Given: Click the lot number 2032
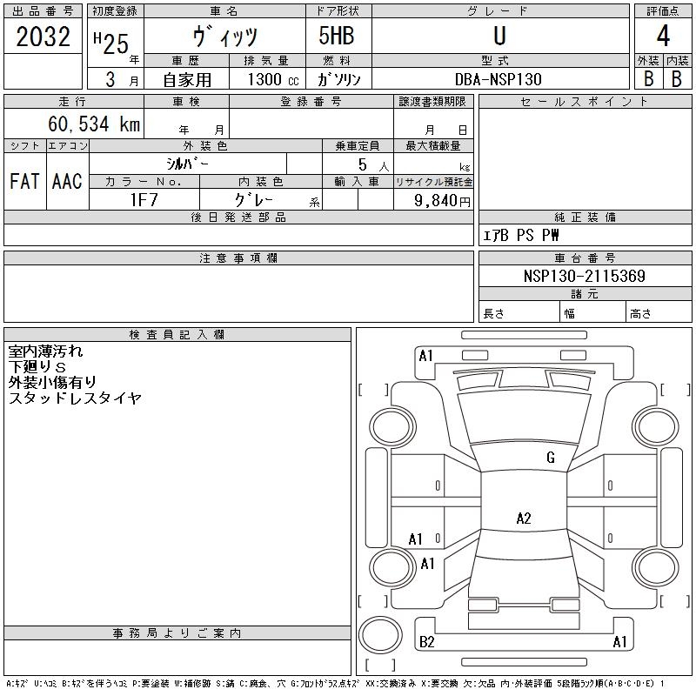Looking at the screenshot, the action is click(43, 37).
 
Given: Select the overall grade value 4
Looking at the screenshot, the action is click(663, 36).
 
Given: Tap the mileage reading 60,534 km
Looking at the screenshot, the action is click(94, 124).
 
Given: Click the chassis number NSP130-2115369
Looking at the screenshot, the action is click(585, 276).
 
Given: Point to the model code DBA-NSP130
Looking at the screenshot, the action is click(499, 79).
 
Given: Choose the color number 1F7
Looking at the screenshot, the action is click(144, 200).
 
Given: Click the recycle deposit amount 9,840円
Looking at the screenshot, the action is click(442, 201).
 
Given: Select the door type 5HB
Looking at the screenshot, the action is click(337, 36).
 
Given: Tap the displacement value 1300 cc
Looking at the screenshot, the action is click(273, 79).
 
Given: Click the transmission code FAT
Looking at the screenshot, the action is click(24, 181).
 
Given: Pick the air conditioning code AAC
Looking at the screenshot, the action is click(67, 181).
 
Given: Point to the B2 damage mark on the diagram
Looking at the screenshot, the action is click(427, 642).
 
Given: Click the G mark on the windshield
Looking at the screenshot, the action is click(551, 458).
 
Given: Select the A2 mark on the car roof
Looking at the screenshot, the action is click(524, 518).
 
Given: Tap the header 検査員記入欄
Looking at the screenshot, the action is click(177, 335).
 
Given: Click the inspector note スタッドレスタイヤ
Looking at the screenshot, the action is click(75, 398).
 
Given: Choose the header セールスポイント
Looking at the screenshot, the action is click(585, 102).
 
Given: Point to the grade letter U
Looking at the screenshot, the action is click(499, 36).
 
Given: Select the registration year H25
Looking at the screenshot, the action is click(111, 43).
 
